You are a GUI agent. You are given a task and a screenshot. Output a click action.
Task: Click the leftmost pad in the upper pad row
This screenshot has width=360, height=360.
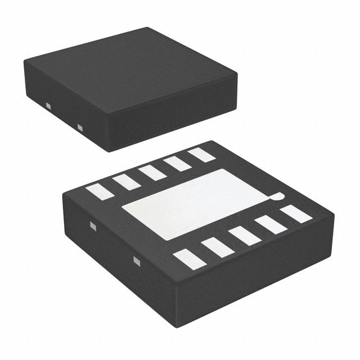pos(98,191)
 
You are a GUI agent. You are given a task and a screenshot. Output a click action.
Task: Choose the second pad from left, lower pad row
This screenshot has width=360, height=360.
pos(214,247)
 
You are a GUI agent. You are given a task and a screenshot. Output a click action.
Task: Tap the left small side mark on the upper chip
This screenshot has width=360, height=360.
pos(48,106)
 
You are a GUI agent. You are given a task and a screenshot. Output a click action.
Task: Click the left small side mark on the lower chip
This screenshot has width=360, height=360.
pos(93,227)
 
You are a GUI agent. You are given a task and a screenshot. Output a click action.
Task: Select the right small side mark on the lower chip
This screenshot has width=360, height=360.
pos(137,260)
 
